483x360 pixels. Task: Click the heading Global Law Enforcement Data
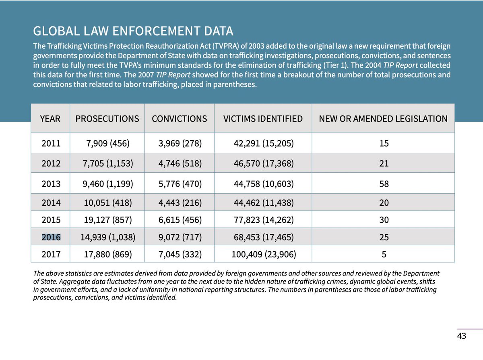pyautogui.click(x=133, y=31)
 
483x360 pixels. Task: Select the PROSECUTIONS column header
pyautogui.click(x=107, y=119)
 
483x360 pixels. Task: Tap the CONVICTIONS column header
pyautogui.click(x=179, y=119)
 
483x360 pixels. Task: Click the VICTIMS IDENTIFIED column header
pyautogui.click(x=263, y=119)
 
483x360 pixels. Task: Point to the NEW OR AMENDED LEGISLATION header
pyautogui.click(x=383, y=119)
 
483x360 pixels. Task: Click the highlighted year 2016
pyautogui.click(x=51, y=237)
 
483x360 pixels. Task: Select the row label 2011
pyautogui.click(x=51, y=143)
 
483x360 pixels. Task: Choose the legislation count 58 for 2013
pyautogui.click(x=384, y=184)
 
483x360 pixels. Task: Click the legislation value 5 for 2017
pyautogui.click(x=384, y=254)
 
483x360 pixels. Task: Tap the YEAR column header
pyautogui.click(x=50, y=119)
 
